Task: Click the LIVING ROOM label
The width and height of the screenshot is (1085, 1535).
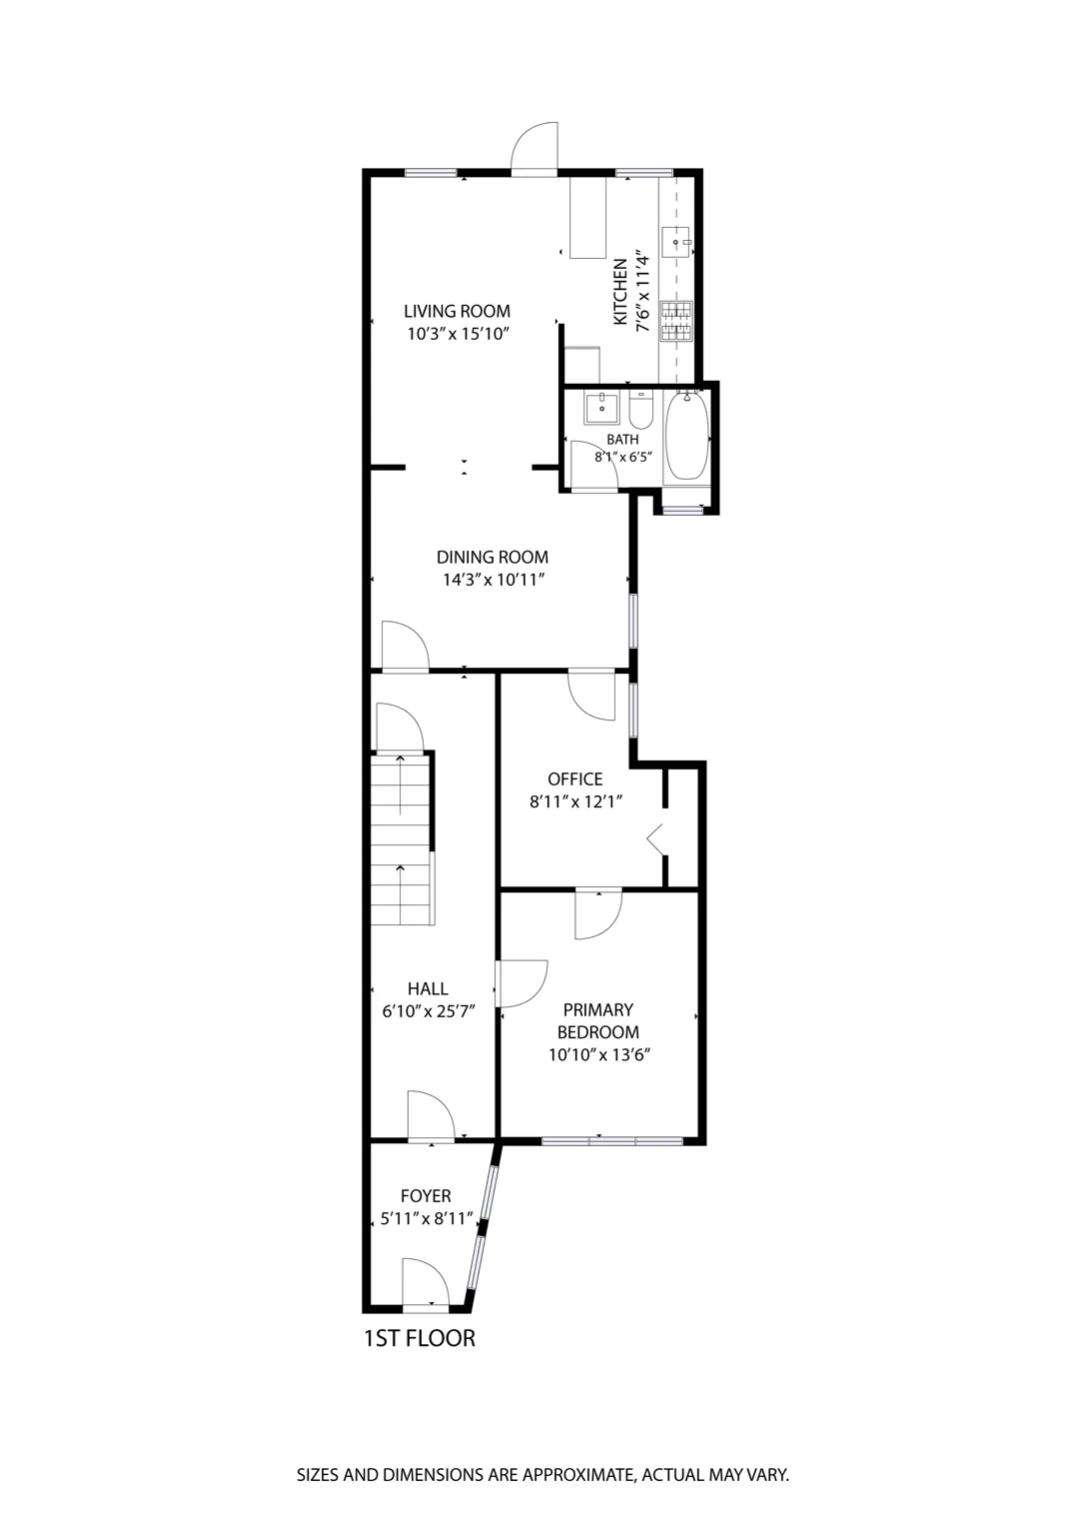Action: point(457,311)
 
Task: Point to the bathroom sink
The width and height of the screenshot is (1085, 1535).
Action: point(601,408)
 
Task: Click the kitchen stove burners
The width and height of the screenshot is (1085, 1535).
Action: point(676,319)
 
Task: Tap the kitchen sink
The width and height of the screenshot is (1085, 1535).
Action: point(677,242)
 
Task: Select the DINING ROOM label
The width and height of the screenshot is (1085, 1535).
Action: point(493,558)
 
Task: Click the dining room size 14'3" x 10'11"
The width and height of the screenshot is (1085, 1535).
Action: point(493,580)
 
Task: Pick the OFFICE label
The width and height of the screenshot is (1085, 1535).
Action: point(575,779)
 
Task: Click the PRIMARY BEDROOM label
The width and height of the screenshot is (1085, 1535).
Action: point(597,1020)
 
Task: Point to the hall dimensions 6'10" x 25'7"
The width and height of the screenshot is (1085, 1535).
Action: point(428,1010)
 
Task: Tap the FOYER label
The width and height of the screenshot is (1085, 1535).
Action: point(426,1196)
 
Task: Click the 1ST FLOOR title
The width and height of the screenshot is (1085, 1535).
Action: point(419,1337)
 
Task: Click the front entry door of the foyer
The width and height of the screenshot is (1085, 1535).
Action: point(426,1285)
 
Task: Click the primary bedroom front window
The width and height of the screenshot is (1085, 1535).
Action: point(611,1140)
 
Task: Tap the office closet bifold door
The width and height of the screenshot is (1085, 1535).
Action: point(656,837)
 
